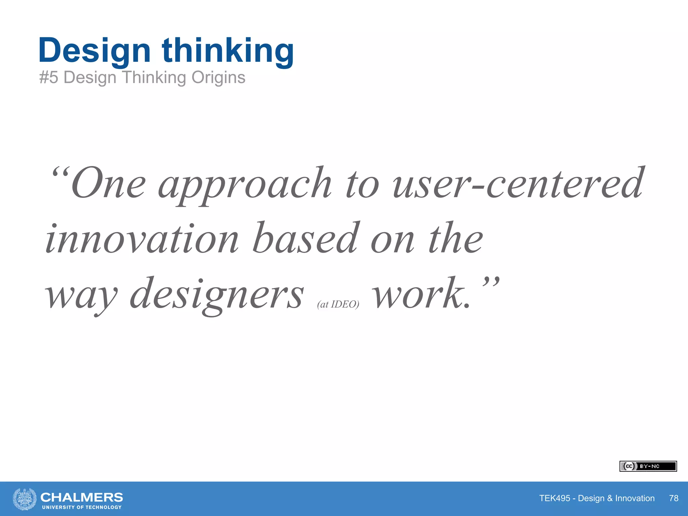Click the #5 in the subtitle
click(49, 78)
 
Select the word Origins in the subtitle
click(218, 78)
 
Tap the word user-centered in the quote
click(517, 183)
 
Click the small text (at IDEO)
click(338, 304)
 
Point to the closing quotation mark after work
click(491, 282)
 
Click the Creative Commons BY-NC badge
click(648, 466)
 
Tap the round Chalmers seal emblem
click(25, 499)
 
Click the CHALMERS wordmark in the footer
click(82, 497)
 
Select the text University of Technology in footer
click(82, 507)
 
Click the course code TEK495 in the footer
click(555, 498)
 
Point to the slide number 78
click(673, 498)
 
